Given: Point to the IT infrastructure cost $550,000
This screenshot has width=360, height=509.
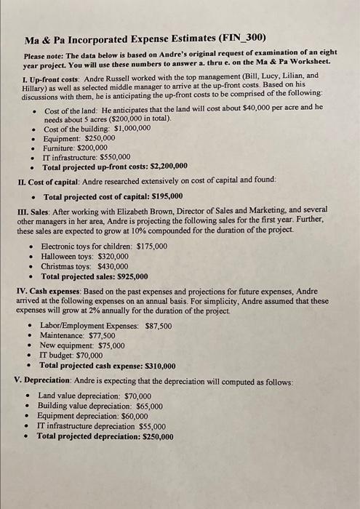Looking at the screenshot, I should click(112, 156).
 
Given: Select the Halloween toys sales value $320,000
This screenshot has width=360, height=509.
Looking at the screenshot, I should click(111, 257).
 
